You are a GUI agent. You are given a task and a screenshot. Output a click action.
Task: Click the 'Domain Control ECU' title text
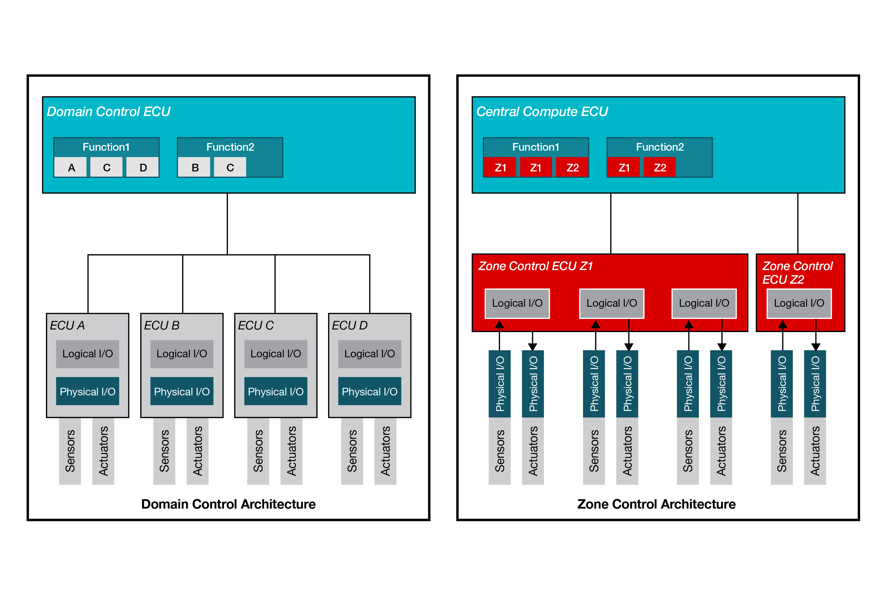108,111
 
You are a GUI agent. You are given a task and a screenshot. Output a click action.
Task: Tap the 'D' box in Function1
143,167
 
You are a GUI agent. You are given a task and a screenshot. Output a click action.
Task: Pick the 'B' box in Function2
194,167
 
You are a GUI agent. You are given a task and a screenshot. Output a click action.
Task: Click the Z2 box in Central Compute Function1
572,167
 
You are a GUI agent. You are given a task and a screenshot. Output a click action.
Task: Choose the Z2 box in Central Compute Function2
660,167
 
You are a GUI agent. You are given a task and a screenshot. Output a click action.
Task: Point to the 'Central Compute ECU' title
542,111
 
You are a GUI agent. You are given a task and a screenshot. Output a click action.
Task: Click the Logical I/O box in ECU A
88,354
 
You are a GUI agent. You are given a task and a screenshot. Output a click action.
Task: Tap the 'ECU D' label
349,325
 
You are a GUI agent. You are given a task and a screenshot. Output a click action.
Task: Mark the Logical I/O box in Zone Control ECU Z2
799,303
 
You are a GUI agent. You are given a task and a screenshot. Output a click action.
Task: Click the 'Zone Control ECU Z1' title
535,266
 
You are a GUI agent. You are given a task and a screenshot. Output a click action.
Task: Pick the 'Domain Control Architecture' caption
228,504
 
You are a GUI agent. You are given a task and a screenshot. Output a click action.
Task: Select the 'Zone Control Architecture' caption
656,504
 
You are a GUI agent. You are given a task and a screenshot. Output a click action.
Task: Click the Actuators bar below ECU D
385,451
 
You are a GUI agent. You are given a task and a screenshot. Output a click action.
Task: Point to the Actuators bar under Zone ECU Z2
815,451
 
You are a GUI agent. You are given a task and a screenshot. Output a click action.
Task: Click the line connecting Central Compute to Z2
798,223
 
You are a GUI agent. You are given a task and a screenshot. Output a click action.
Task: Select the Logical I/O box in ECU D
369,354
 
